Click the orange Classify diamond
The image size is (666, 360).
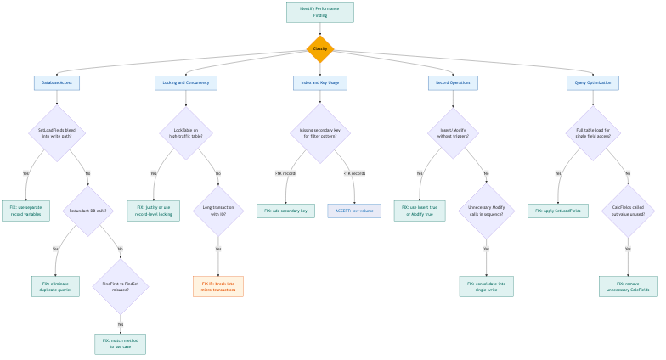point(320,48)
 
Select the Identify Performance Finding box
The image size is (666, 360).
point(320,12)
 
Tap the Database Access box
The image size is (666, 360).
point(57,82)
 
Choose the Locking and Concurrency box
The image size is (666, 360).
point(186,82)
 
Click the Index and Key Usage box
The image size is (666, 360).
point(320,82)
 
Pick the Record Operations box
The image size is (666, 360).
point(453,82)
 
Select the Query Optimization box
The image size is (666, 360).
point(593,82)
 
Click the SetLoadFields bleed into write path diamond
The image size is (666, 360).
point(57,132)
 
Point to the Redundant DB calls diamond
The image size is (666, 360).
point(89,211)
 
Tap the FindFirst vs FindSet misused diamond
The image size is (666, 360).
point(121,286)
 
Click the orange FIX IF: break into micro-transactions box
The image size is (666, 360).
point(218,286)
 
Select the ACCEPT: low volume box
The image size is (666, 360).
point(354,211)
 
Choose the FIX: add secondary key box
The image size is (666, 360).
point(286,211)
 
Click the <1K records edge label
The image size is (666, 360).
point(354,173)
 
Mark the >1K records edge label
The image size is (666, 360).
point(285,173)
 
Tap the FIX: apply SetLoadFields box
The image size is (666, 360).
point(557,211)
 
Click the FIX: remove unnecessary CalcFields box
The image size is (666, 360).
point(628,286)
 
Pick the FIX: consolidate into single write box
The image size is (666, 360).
point(486,286)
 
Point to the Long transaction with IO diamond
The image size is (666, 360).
point(218,211)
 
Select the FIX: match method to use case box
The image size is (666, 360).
point(121,343)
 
